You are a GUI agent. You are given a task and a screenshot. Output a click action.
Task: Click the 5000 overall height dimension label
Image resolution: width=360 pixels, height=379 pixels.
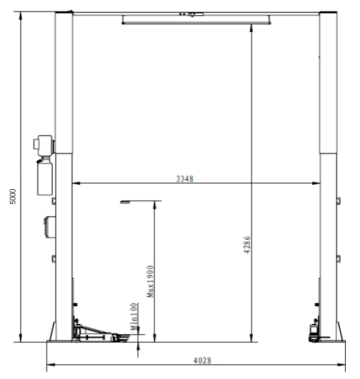pyautogui.click(x=13, y=196)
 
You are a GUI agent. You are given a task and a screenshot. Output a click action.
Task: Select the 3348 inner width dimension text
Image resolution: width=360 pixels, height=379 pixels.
pyautogui.click(x=185, y=179)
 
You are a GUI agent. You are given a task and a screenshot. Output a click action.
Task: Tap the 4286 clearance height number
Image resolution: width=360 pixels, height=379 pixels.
pyautogui.click(x=246, y=245)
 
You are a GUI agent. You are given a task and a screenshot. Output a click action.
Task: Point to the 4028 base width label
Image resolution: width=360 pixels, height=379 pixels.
pyautogui.click(x=203, y=360)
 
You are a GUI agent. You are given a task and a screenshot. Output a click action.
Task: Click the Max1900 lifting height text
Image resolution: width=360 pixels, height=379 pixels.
pyautogui.click(x=150, y=281)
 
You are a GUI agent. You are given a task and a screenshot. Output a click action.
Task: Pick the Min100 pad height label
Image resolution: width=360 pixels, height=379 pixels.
pyautogui.click(x=134, y=316)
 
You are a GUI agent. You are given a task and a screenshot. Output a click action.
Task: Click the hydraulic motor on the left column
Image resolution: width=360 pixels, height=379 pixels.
pyautogui.click(x=44, y=145)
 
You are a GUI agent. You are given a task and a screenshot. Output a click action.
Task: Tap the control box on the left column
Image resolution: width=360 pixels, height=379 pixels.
pyautogui.click(x=50, y=227)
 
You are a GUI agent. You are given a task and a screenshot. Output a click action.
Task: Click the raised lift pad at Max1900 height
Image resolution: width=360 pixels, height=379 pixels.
pyautogui.click(x=125, y=202)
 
